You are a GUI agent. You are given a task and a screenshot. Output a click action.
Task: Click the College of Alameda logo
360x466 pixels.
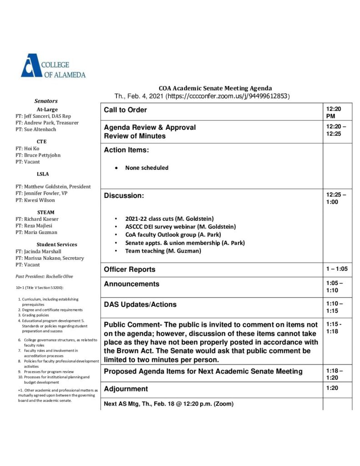click(x=53, y=66)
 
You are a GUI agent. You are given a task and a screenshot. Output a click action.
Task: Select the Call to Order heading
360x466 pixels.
click(x=125, y=110)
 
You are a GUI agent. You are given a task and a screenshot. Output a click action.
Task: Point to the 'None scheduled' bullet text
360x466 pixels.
click(x=147, y=168)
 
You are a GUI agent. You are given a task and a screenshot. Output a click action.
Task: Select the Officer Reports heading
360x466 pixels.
click(x=129, y=269)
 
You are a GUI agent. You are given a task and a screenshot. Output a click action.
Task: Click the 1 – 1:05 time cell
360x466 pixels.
click(x=336, y=269)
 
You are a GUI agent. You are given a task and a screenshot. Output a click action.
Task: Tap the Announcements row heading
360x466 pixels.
click(x=132, y=284)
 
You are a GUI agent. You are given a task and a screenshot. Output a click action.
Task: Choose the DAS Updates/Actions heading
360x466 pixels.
click(x=140, y=304)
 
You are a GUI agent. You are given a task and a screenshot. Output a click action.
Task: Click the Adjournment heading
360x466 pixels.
click(x=126, y=389)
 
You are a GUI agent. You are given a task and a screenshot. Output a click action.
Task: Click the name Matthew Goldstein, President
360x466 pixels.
click(x=53, y=187)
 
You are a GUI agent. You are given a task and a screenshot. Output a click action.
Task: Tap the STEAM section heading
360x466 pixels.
click(x=46, y=212)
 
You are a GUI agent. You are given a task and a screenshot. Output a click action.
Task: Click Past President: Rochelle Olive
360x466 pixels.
click(x=44, y=276)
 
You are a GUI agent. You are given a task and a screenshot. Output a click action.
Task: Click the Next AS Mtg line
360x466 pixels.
click(x=168, y=404)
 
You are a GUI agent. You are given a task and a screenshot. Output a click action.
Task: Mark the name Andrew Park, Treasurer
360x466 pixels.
click(x=47, y=123)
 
